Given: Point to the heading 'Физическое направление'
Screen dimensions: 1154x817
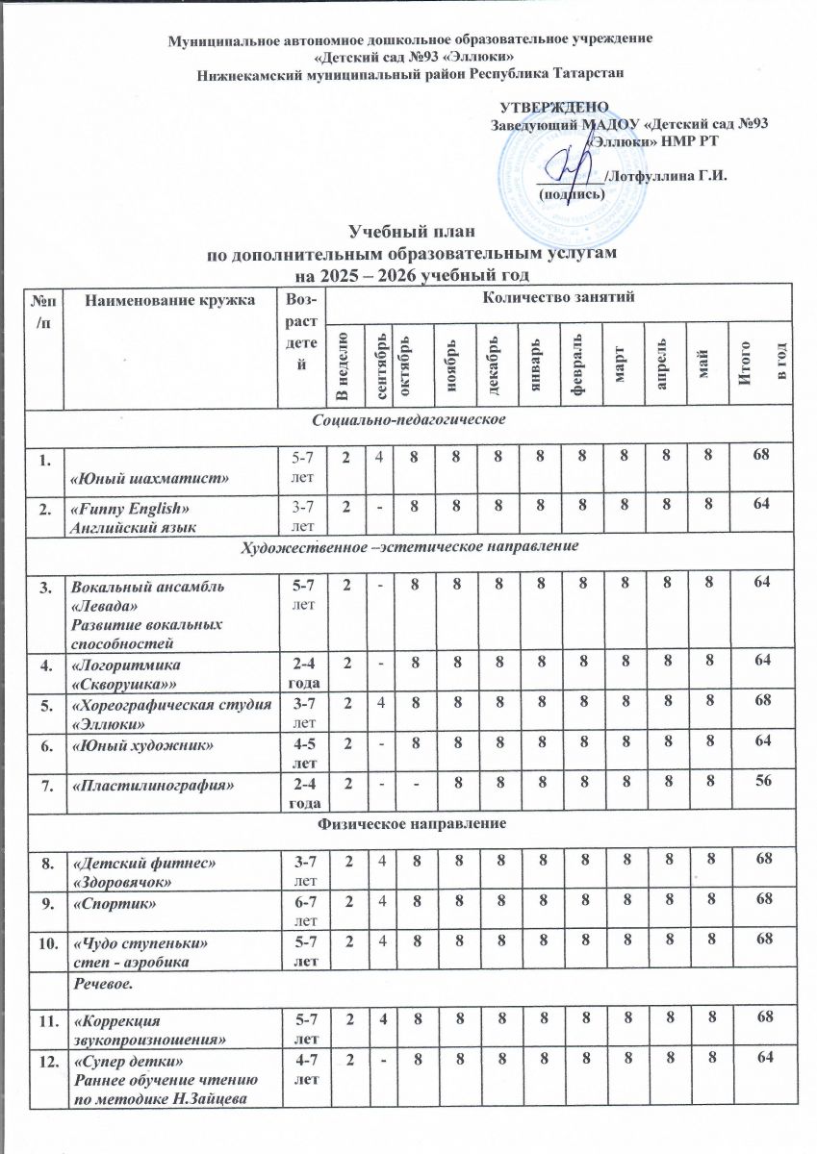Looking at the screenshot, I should point(408,824).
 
